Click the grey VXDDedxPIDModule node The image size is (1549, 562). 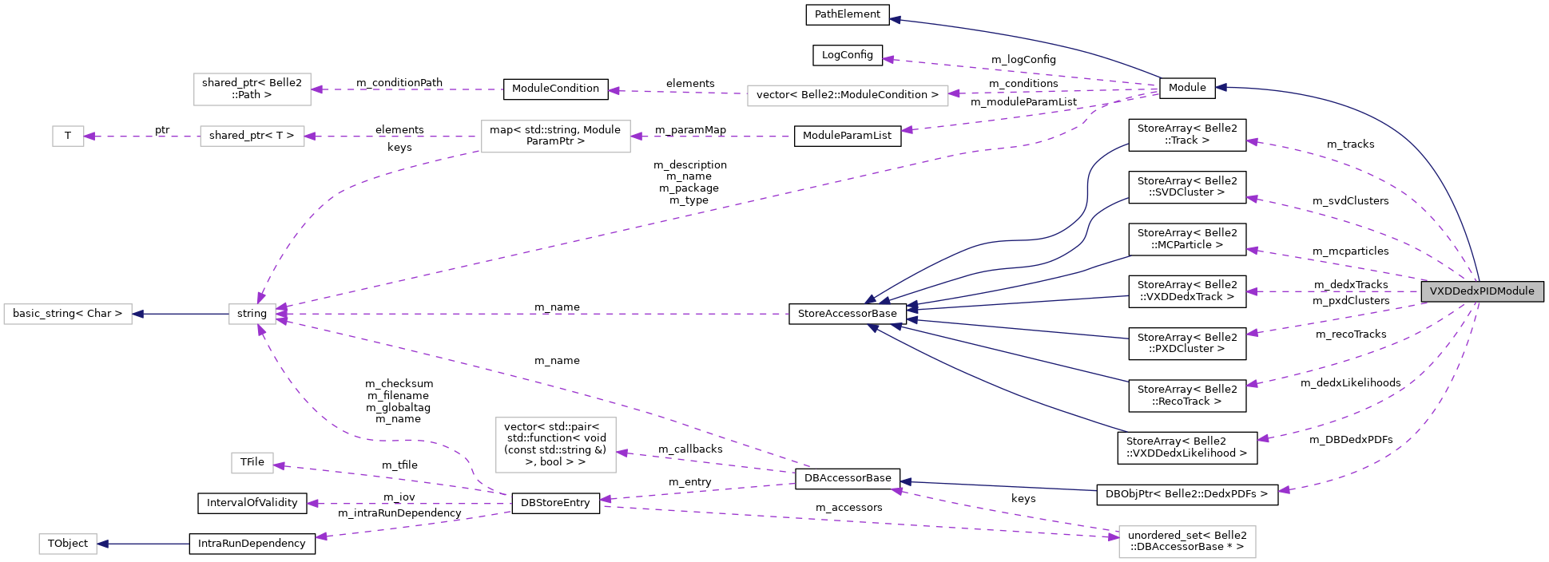[1482, 291]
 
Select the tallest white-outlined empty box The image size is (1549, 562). [555, 445]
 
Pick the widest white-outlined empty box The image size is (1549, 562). [848, 96]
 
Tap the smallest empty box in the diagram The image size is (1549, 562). [68, 137]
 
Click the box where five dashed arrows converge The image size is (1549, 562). [252, 314]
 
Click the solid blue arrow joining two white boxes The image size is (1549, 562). [181, 314]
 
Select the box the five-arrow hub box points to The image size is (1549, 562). [68, 314]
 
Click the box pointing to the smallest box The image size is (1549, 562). [252, 137]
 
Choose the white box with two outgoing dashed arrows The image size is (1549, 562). [555, 137]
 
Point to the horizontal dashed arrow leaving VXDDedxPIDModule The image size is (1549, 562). [1334, 291]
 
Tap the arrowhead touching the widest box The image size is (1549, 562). [954, 93]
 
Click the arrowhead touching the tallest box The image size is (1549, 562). [622, 453]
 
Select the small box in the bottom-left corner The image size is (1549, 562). [68, 544]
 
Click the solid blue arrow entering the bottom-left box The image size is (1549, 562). [144, 544]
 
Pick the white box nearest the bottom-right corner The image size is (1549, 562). [1187, 542]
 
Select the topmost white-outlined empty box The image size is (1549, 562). [252, 89]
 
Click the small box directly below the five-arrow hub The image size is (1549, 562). [252, 463]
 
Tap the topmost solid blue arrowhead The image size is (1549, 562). [895, 20]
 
